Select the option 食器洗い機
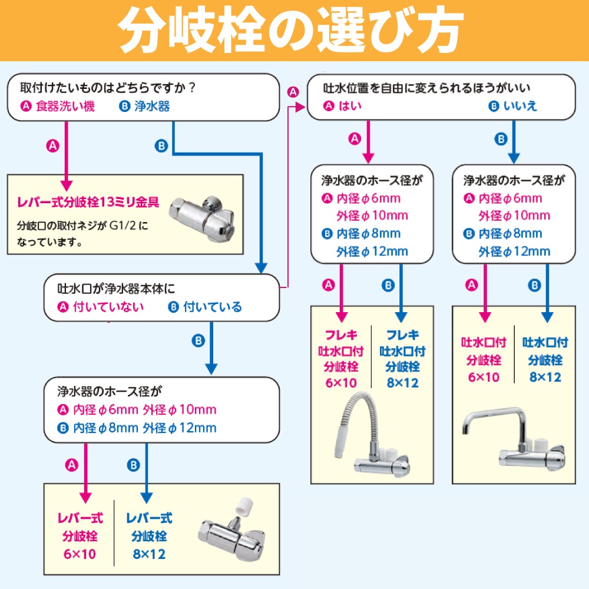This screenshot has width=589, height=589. click(x=65, y=107)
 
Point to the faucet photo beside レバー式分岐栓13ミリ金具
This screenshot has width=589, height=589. click(x=203, y=216)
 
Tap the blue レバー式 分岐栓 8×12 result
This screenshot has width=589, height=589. click(x=148, y=536)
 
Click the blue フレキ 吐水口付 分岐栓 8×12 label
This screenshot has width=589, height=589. click(x=402, y=359)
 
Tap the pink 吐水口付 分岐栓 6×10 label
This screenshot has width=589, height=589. click(x=484, y=359)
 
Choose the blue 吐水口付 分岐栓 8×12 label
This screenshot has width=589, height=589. click(x=545, y=359)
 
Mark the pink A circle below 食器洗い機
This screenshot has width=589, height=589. click(x=53, y=146)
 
